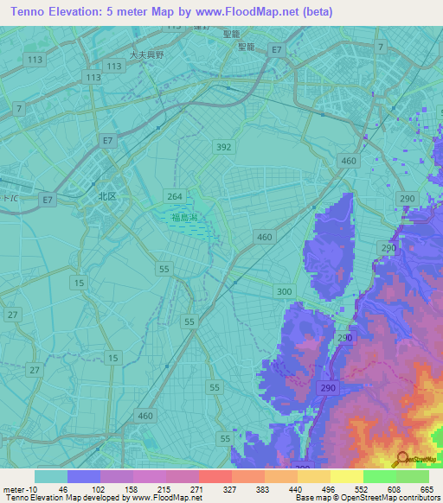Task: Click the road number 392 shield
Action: pyautogui.click(x=224, y=147)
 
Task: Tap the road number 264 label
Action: pyautogui.click(x=174, y=196)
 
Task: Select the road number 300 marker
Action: pyautogui.click(x=284, y=292)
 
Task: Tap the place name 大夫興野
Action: pyautogui.click(x=146, y=54)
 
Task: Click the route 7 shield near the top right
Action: pyautogui.click(x=380, y=45)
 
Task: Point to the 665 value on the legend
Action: pyautogui.click(x=428, y=488)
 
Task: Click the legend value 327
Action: pyautogui.click(x=231, y=488)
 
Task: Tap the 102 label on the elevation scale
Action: pyautogui.click(x=100, y=488)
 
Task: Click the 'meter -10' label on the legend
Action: pyautogui.click(x=18, y=488)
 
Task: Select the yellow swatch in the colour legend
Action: pyautogui.click(x=346, y=476)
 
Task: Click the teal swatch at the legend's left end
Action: pyautogui.click(x=50, y=476)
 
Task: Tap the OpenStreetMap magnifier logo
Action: pyautogui.click(x=402, y=459)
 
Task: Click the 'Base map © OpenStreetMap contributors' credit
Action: pyautogui.click(x=366, y=498)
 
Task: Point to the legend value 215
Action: pyautogui.click(x=165, y=488)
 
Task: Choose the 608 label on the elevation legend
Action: pyautogui.click(x=395, y=488)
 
